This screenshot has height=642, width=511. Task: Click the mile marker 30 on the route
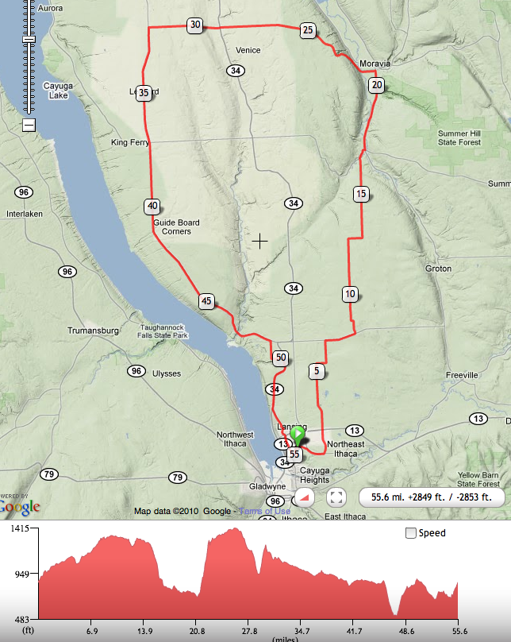click(x=195, y=25)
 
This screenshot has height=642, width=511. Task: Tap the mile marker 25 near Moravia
click(x=308, y=31)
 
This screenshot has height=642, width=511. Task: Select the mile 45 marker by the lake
click(x=206, y=301)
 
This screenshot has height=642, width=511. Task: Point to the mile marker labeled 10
click(x=350, y=294)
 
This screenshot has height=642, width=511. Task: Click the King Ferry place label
click(x=130, y=143)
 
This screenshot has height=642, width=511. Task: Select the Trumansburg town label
click(x=93, y=331)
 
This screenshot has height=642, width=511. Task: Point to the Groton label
click(x=438, y=269)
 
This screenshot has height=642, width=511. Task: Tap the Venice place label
click(x=248, y=51)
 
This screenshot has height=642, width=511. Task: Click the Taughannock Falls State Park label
click(x=163, y=331)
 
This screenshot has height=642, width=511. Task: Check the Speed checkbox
click(x=410, y=533)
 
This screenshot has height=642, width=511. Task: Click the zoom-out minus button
click(x=29, y=125)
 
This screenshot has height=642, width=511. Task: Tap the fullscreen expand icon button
click(x=336, y=497)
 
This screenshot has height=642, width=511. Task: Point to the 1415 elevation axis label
click(x=17, y=528)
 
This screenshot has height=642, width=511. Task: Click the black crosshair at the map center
click(x=259, y=240)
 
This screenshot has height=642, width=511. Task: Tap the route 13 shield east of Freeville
click(x=478, y=419)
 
